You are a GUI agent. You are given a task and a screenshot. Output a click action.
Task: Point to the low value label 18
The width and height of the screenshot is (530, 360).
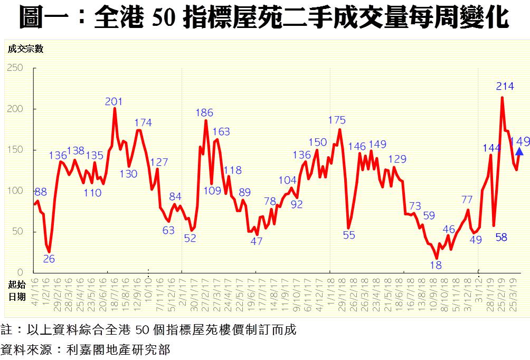click(x=436, y=266)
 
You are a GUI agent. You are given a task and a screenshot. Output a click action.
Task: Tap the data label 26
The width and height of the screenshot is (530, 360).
click(x=49, y=259)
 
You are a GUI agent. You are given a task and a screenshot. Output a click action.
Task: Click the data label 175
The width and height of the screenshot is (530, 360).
click(x=337, y=120)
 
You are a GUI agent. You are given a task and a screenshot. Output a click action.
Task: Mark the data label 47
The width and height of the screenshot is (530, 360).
click(x=256, y=241)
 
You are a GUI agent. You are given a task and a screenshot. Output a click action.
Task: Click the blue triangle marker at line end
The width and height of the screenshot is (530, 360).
click(x=519, y=151)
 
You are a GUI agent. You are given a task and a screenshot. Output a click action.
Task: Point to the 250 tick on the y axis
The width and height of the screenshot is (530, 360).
click(x=15, y=68)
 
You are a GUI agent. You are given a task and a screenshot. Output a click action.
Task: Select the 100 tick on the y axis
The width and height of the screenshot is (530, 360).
click(x=15, y=191)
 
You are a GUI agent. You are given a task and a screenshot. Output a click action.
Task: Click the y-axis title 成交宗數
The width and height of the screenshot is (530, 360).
click(x=25, y=49)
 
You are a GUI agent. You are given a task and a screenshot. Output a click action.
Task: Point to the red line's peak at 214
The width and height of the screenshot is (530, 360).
click(x=501, y=97)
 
